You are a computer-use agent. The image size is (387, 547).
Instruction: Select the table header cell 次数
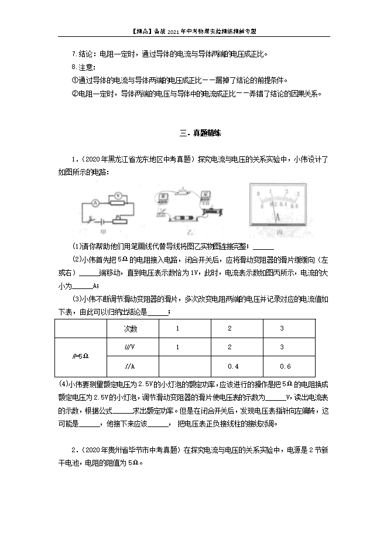coord(131,329)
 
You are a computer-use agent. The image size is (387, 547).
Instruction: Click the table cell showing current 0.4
coord(232,366)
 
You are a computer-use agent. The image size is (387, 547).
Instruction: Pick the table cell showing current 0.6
coord(285,366)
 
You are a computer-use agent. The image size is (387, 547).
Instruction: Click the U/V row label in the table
coord(131,348)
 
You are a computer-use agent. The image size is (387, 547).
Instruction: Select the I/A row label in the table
coord(131,366)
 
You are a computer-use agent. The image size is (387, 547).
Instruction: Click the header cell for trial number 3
coord(282,329)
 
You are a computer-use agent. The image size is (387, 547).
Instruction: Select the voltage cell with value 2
coord(230,348)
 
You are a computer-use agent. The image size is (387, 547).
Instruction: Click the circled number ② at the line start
coord(74,94)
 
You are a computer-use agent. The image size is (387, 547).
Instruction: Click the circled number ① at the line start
coord(74,80)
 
